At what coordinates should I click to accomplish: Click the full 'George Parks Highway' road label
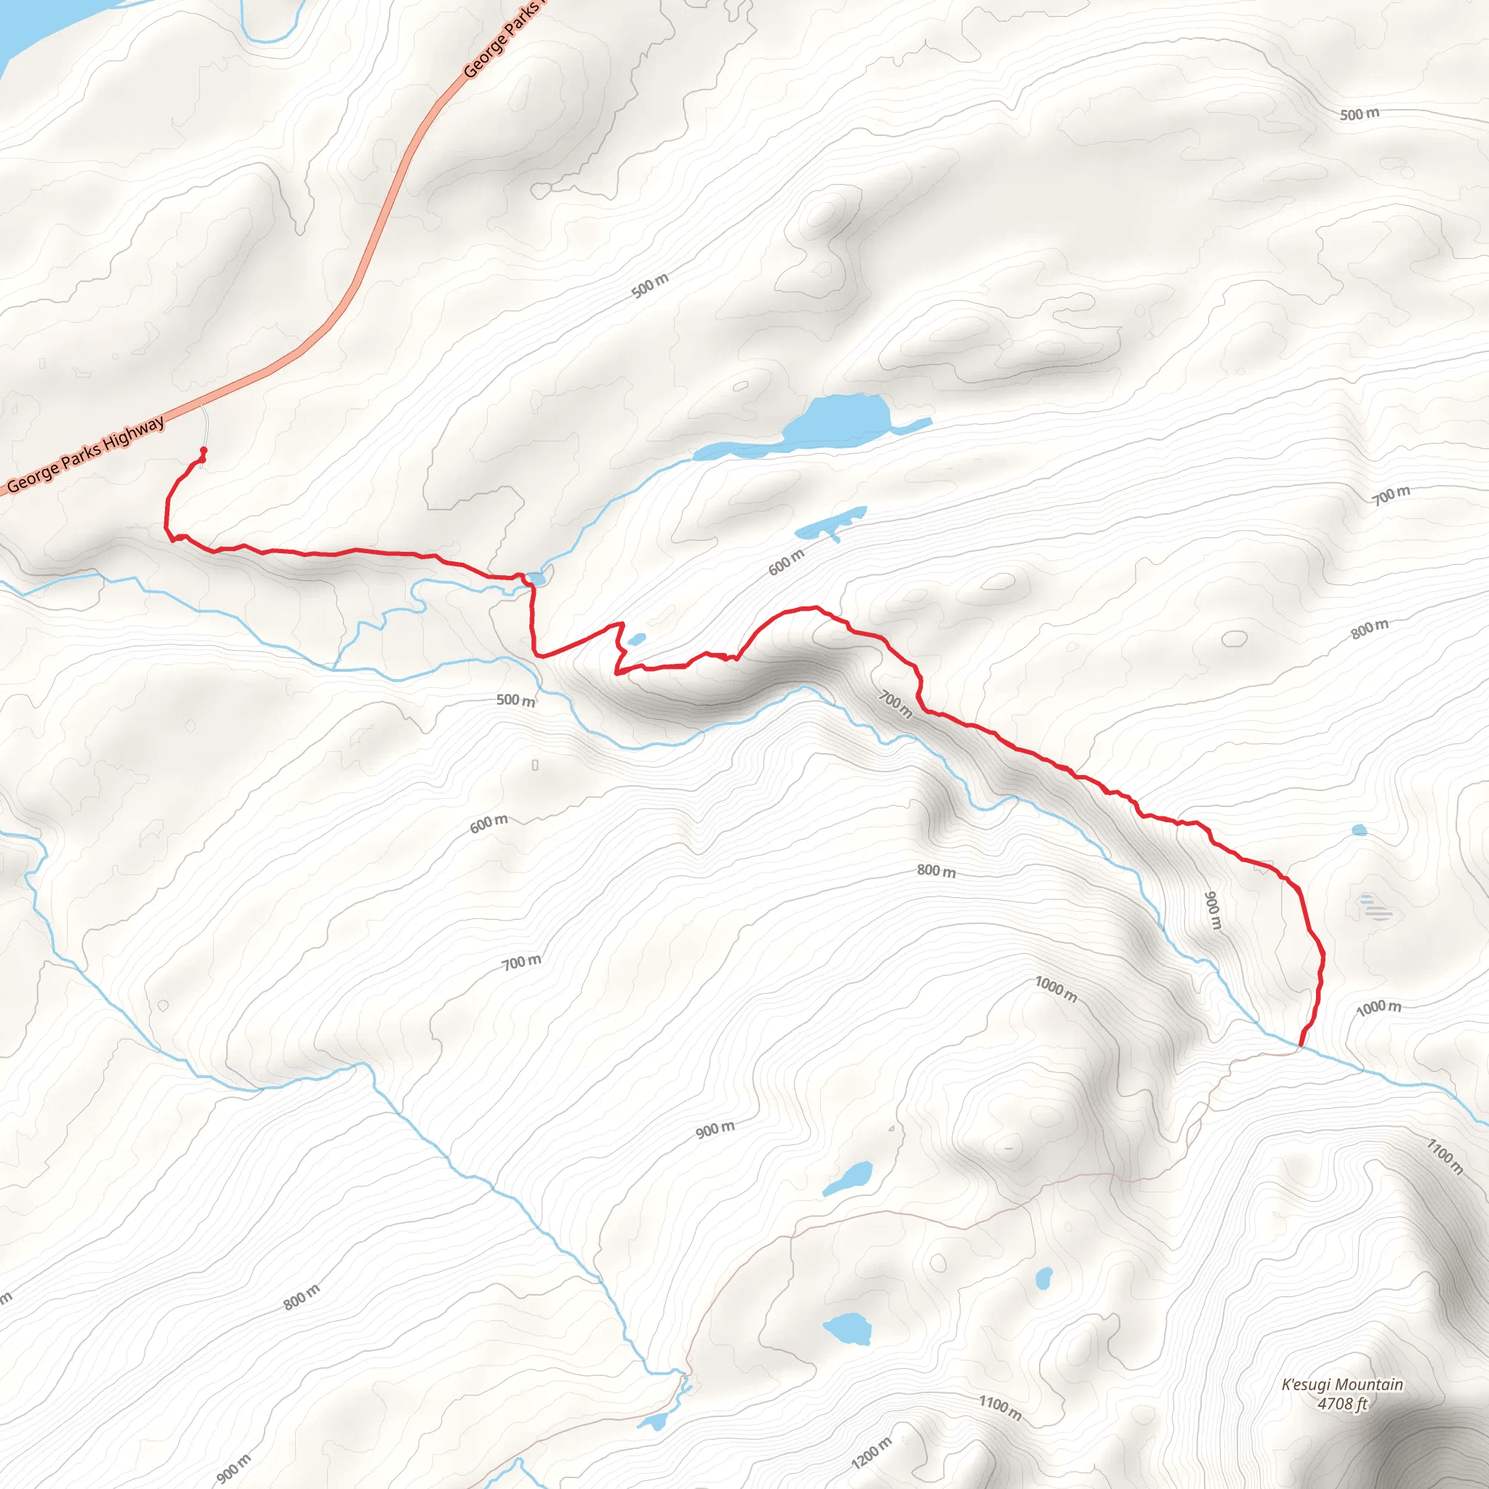[x=86, y=454]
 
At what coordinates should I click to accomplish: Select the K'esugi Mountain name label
[x=1342, y=1384]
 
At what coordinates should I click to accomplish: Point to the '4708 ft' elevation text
[x=1342, y=1403]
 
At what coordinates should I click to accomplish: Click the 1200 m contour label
[x=872, y=1452]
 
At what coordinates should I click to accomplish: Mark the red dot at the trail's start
[x=204, y=451]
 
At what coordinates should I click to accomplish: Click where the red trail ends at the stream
[x=1301, y=1045]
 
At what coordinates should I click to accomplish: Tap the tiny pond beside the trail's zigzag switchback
[x=637, y=640]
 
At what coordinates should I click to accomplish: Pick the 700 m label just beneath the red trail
[x=896, y=704]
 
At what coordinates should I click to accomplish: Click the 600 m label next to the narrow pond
[x=786, y=562]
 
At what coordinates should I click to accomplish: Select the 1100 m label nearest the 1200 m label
[x=1000, y=1408]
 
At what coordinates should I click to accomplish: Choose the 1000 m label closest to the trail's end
[x=1378, y=1007]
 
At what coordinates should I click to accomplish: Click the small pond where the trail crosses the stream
[x=537, y=578]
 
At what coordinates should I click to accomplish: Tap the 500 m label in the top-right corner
[x=1360, y=114]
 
